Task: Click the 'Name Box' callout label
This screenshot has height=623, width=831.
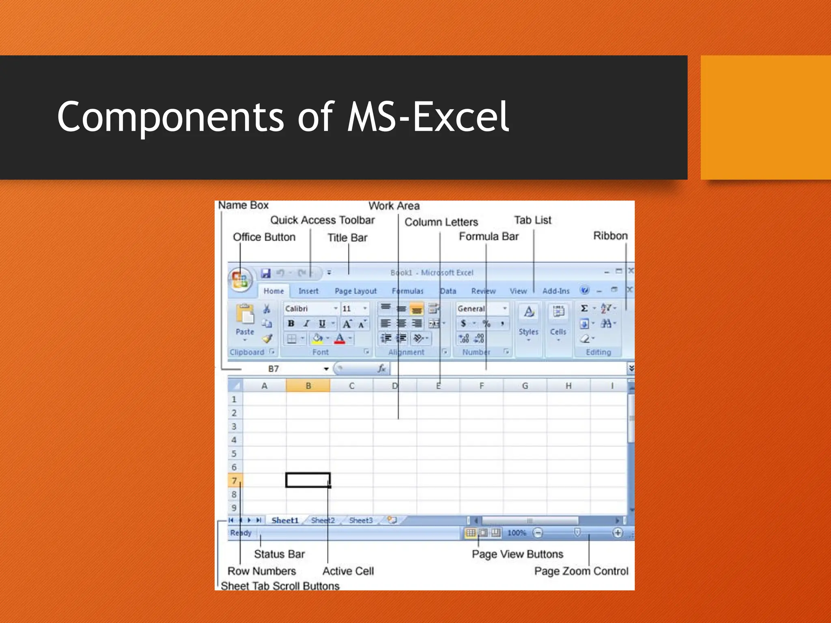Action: pyautogui.click(x=243, y=205)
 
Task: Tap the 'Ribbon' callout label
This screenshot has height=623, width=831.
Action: pyautogui.click(x=610, y=236)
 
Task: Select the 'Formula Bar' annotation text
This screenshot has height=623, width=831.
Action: pyautogui.click(x=489, y=236)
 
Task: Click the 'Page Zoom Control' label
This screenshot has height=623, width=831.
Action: pyautogui.click(x=581, y=571)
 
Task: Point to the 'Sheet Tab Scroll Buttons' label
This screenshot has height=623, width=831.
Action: pyautogui.click(x=280, y=586)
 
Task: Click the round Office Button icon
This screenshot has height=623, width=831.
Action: pyautogui.click(x=240, y=280)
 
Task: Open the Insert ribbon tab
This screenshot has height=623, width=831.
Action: pyautogui.click(x=308, y=291)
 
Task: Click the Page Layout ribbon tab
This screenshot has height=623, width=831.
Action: pyautogui.click(x=355, y=291)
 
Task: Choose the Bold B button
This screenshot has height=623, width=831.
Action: pyautogui.click(x=291, y=323)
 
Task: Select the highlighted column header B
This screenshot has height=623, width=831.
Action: pyautogui.click(x=308, y=386)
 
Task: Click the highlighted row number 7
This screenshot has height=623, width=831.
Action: pyautogui.click(x=234, y=481)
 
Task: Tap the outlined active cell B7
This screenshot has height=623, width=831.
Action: pyautogui.click(x=308, y=480)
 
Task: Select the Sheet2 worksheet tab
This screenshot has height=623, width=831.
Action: pyautogui.click(x=323, y=520)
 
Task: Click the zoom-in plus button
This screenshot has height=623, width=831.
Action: pyautogui.click(x=617, y=533)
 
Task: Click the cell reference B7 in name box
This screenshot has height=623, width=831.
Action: pyautogui.click(x=273, y=369)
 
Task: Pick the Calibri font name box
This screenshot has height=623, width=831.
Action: pyautogui.click(x=308, y=309)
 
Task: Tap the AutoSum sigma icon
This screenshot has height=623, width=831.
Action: pyautogui.click(x=584, y=308)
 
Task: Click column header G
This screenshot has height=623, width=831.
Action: pyautogui.click(x=525, y=386)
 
